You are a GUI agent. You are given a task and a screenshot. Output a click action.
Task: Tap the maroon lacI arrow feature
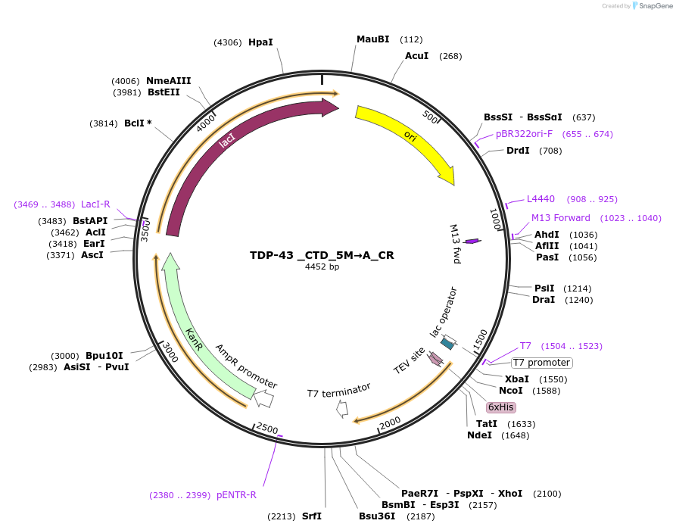tap(227, 143)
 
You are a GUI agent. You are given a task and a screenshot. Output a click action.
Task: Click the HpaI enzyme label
tap(260, 42)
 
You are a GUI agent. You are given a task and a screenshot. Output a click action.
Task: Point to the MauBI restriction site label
tap(372, 39)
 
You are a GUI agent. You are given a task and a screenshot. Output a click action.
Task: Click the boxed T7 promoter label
tap(542, 363)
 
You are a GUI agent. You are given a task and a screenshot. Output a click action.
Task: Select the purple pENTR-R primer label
tap(236, 495)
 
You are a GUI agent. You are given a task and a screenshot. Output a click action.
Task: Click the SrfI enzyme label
tap(312, 516)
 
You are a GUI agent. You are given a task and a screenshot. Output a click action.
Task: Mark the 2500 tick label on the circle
tap(267, 429)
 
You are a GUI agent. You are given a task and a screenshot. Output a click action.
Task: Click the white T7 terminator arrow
tap(342, 409)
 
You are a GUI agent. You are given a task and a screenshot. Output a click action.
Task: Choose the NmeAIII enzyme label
tap(169, 81)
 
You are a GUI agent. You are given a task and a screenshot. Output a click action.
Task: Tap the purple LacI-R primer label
tap(95, 204)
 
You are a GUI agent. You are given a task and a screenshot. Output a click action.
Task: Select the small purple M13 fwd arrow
tap(472, 241)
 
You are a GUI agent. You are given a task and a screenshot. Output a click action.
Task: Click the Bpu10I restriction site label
tap(104, 356)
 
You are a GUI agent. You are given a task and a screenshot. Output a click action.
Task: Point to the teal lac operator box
tap(447, 344)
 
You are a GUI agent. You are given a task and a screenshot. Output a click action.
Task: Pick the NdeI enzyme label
tap(479, 435)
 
